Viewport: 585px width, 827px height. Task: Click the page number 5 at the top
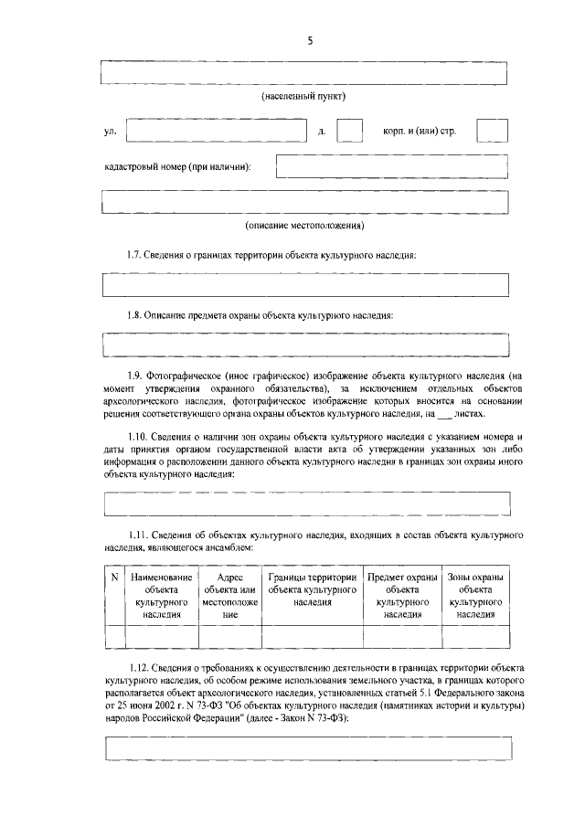point(309,40)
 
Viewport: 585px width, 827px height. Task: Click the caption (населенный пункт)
point(305,96)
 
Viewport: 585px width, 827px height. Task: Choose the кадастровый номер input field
point(392,166)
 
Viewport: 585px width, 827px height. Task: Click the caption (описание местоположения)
point(305,225)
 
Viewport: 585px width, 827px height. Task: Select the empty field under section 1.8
point(305,345)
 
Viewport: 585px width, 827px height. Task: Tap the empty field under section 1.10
point(305,503)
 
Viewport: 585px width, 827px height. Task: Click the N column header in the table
point(114,578)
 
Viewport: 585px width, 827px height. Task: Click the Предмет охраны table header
point(402,597)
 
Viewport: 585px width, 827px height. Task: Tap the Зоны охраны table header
point(475,597)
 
